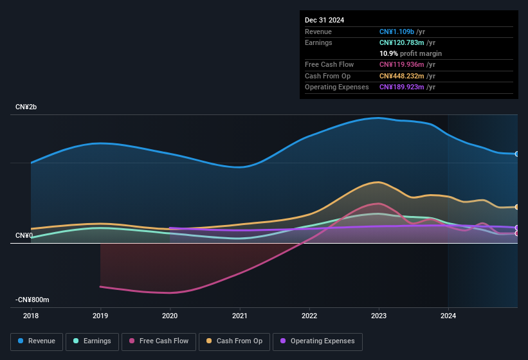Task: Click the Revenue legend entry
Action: click(37, 341)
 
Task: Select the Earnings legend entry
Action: click(92, 341)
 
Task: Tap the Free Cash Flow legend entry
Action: click(159, 341)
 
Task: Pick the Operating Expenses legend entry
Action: click(317, 341)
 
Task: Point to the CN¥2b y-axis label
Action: click(26, 107)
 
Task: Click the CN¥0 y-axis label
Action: click(24, 236)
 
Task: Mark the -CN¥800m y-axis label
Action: click(32, 300)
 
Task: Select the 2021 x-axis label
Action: click(240, 316)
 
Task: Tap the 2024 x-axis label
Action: click(448, 316)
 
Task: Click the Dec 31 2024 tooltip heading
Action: click(324, 20)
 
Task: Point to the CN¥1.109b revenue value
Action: click(397, 32)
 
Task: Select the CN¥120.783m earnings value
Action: click(402, 42)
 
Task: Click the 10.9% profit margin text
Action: click(410, 53)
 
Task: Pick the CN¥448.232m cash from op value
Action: click(402, 76)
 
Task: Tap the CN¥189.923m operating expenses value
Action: click(402, 87)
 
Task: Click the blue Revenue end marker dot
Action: click(517, 154)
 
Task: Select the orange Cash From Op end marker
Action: click(517, 207)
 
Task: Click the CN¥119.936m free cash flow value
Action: click(402, 64)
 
